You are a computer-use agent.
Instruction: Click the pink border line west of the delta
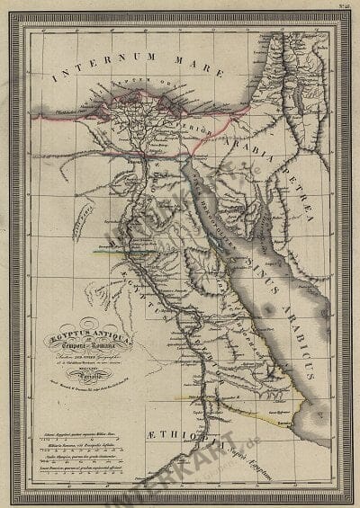63,115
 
